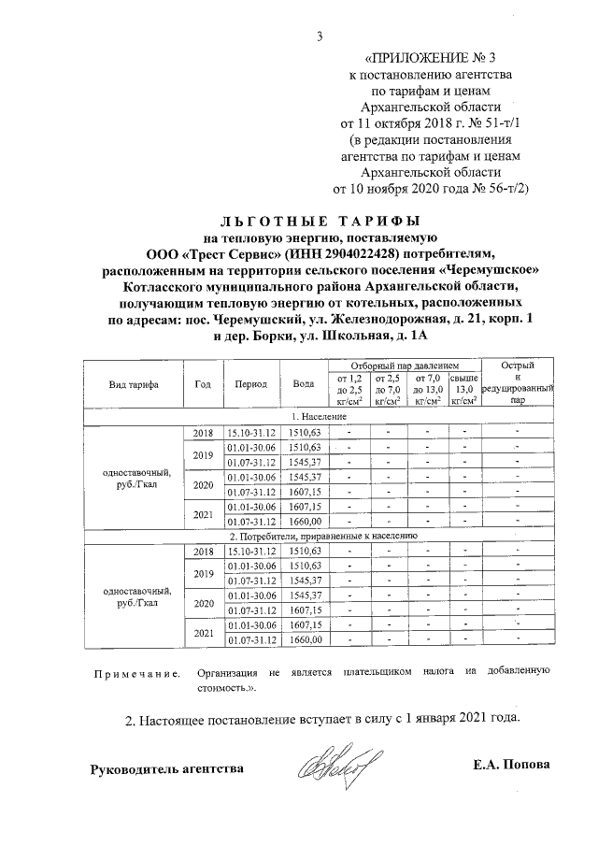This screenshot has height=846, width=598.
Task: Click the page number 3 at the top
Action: (320, 36)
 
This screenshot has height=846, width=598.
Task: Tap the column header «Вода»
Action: (304, 384)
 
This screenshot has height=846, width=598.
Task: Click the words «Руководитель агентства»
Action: (167, 769)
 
